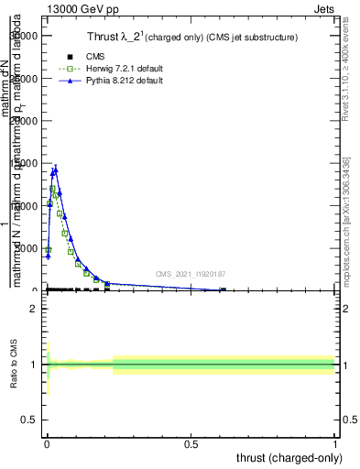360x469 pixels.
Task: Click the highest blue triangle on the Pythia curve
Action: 56,169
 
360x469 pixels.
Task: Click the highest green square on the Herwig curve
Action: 53,189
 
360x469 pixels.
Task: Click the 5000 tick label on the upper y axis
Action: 25,248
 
